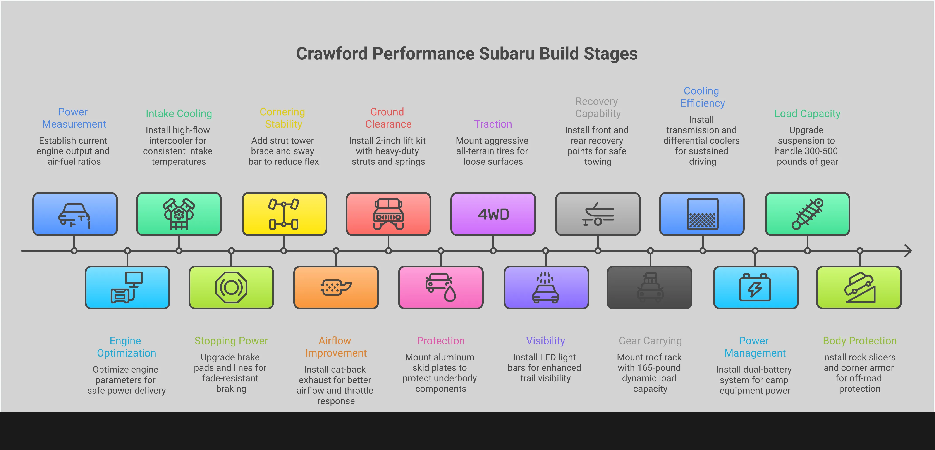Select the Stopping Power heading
(231, 341)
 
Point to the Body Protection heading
(859, 341)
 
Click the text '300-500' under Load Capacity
(806, 151)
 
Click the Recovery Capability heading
(597, 107)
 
